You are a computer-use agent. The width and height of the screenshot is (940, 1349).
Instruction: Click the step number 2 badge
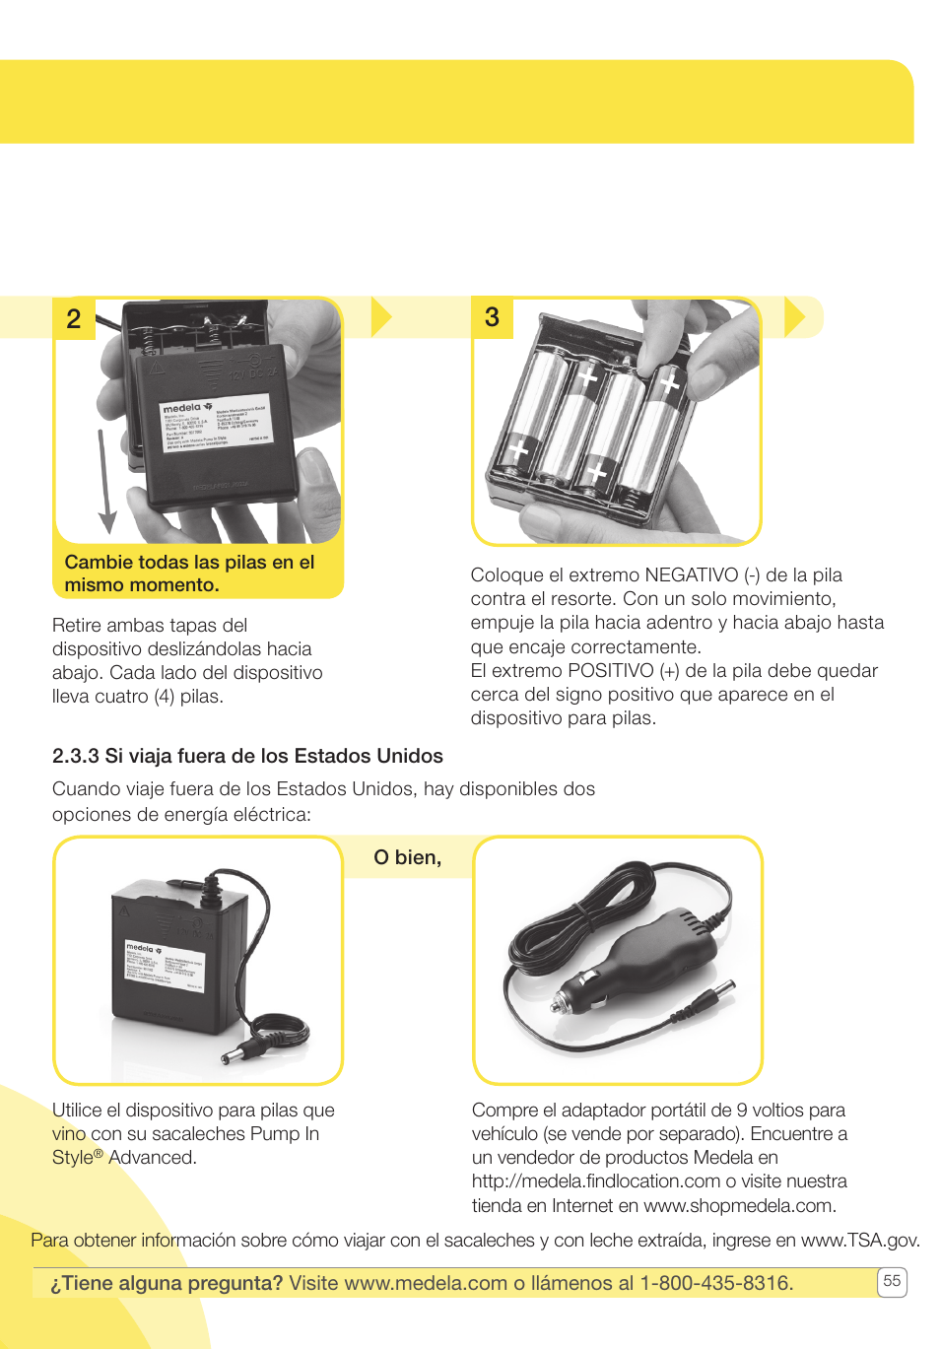coord(74,319)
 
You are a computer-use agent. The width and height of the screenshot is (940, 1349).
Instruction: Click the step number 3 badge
coord(492,317)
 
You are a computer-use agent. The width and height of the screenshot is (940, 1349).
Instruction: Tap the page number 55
coord(892,1281)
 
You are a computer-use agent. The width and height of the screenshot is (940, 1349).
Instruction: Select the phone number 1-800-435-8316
coord(716,1283)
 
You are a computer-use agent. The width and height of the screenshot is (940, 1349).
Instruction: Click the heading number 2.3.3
coord(76,756)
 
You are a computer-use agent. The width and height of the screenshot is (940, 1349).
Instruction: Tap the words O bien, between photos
coord(407,857)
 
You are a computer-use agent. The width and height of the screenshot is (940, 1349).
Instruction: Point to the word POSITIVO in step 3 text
coord(611,670)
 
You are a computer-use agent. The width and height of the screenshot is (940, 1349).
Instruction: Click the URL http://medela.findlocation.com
coord(596,1180)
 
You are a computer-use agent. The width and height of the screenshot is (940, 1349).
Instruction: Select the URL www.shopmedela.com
coord(739,1205)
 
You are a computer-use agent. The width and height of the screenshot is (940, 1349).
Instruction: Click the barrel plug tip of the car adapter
coord(725,988)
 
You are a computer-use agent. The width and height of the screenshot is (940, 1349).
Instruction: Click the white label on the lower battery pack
coord(164,968)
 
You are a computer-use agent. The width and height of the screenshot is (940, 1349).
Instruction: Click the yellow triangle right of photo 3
coord(794,317)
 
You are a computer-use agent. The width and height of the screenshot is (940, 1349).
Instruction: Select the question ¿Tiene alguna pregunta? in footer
coord(167,1283)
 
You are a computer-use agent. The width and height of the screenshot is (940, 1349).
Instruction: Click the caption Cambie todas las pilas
coord(189,573)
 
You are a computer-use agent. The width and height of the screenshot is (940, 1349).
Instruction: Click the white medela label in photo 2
coord(216,425)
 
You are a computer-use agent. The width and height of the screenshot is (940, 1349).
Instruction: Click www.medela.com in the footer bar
coord(426,1283)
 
